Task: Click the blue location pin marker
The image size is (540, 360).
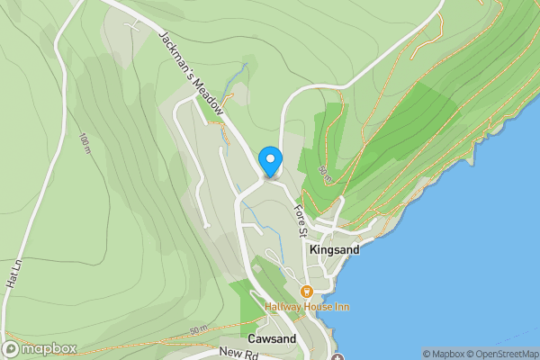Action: [x=270, y=162]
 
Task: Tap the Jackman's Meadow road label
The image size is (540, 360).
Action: [x=190, y=71]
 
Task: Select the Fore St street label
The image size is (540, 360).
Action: [x=301, y=220]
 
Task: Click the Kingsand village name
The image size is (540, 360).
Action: [x=334, y=249]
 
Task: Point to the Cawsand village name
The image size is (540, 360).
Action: [x=273, y=339]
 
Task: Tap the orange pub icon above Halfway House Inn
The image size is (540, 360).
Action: [x=307, y=292]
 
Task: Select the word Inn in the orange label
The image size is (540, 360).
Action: [x=342, y=307]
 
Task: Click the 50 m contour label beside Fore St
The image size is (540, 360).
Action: [x=324, y=175]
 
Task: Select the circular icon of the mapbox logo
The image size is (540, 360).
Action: [x=11, y=349]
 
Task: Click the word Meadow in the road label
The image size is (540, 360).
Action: [x=210, y=95]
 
